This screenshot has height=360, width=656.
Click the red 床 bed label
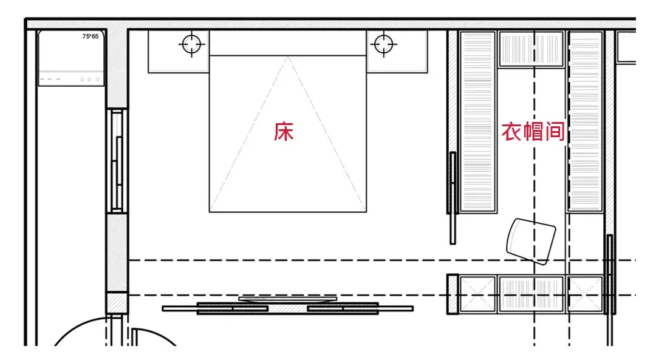point(284,132)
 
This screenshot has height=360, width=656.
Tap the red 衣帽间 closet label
point(533,132)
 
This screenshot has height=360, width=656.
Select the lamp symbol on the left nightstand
point(191,44)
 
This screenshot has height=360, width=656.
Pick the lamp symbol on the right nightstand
point(383,44)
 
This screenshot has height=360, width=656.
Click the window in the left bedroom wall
point(117,160)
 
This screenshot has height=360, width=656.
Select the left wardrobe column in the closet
point(478,121)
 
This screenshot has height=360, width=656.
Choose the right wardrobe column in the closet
point(585,121)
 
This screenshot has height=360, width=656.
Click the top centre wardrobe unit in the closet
point(531,49)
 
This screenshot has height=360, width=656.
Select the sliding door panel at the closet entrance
point(452,197)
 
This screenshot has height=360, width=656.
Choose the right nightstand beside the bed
point(397,52)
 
